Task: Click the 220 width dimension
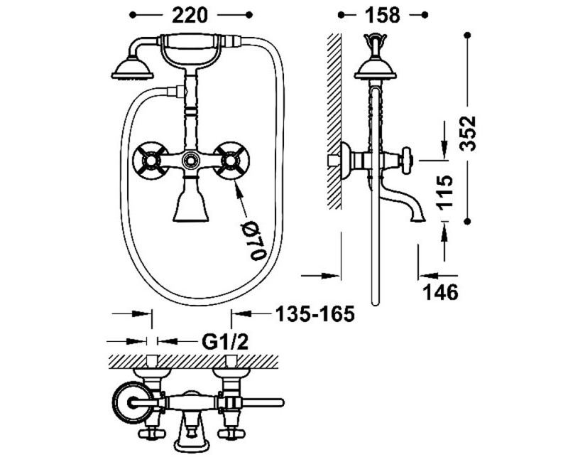[x=190, y=15]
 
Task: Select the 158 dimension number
[x=383, y=15]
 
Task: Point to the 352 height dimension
[x=467, y=134]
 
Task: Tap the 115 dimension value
[x=445, y=192]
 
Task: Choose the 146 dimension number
[x=441, y=292]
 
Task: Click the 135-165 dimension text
[x=315, y=314]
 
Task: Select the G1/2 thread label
[x=225, y=342]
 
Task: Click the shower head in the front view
[x=133, y=69]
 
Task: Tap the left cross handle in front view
[x=151, y=160]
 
